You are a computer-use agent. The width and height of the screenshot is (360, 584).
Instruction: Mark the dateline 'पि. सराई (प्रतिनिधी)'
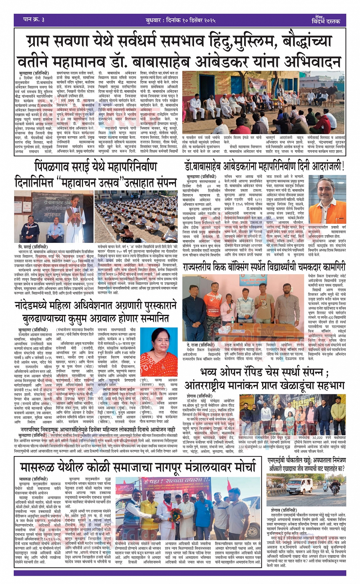(32, 247)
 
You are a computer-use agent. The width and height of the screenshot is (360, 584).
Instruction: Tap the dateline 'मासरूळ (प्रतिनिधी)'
(33, 479)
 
